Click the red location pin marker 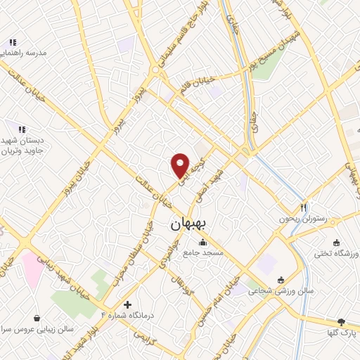coord(181,165)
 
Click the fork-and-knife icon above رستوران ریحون coord(304,207)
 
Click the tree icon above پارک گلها coord(342,321)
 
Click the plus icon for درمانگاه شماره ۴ coord(127,305)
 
